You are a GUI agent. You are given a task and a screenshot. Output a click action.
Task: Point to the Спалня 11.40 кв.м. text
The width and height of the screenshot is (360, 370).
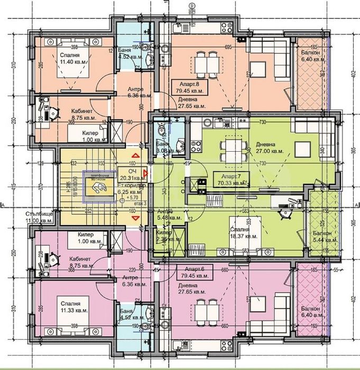tap(72, 59)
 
